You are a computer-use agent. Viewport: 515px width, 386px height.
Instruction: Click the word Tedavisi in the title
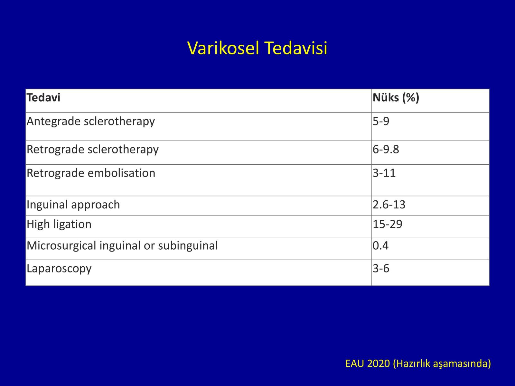[x=296, y=48]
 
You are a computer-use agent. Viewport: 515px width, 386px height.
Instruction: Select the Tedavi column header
[x=43, y=97]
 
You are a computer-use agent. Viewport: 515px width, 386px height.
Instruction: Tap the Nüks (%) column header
[x=396, y=98]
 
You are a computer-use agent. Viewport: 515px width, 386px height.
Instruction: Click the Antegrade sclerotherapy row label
[x=90, y=122]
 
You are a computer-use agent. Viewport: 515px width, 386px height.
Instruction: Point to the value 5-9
[x=381, y=121]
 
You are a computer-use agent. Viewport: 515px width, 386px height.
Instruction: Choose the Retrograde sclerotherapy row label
[x=92, y=150]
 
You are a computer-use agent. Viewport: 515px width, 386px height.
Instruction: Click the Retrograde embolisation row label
[x=91, y=173]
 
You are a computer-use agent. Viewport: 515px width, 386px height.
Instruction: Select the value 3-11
[x=384, y=173]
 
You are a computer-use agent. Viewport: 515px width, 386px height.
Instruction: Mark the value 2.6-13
[x=389, y=205]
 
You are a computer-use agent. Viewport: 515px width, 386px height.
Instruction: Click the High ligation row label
[x=59, y=225]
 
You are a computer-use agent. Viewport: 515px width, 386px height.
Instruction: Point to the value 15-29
[x=387, y=224]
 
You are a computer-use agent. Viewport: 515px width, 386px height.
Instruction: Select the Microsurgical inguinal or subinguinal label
[x=122, y=246]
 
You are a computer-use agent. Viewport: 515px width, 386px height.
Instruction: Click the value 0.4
[x=380, y=246]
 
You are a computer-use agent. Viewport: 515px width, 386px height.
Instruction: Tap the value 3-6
[x=381, y=269]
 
